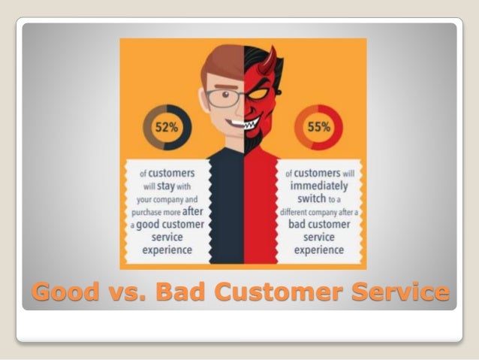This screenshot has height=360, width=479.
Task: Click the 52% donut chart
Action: (x=172, y=128)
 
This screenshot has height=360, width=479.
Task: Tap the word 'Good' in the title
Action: (x=62, y=291)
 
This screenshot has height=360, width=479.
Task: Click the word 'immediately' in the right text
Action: (x=319, y=187)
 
